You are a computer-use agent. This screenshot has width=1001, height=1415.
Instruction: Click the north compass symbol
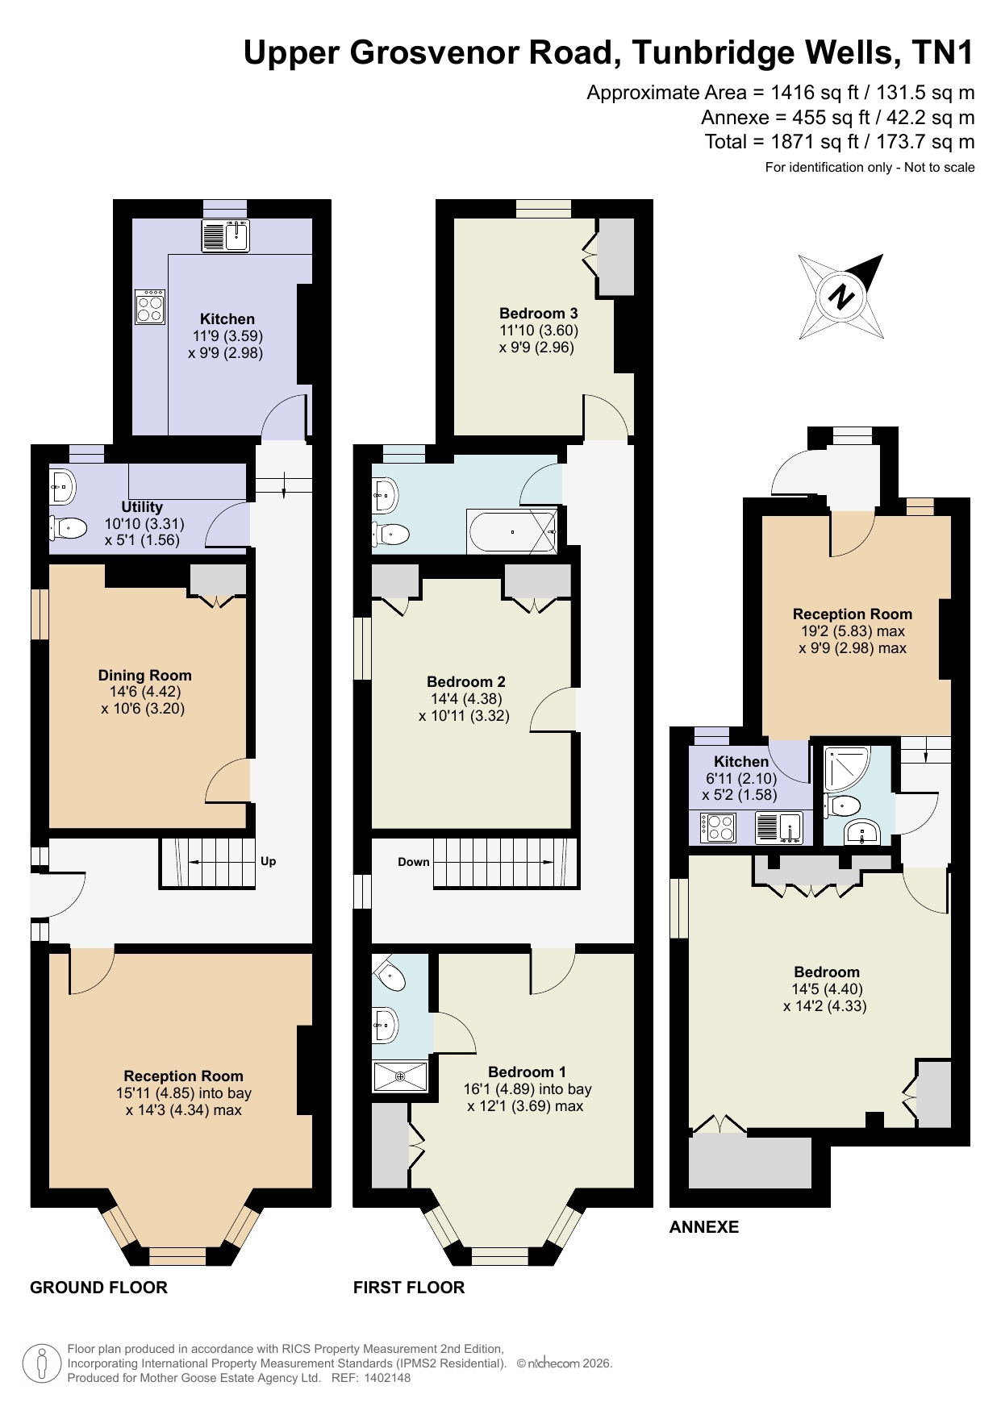(x=840, y=297)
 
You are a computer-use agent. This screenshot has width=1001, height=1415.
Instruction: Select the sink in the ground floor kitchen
(x=226, y=235)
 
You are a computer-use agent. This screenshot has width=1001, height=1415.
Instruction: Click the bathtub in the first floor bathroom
(x=512, y=531)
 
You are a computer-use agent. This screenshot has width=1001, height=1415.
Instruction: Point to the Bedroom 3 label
(x=538, y=313)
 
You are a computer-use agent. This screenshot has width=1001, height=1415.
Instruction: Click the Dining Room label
(x=144, y=676)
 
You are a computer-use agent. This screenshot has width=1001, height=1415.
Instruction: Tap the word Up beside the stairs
(x=269, y=861)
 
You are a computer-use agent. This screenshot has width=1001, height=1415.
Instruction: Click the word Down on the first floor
(x=414, y=862)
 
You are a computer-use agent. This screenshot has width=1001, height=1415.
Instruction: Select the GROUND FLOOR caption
(x=98, y=1288)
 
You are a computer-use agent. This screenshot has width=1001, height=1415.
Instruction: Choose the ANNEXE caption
(x=704, y=1227)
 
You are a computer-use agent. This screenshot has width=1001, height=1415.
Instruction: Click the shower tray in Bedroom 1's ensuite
(x=400, y=1076)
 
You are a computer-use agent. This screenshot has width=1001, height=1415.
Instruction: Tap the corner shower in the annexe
(x=847, y=769)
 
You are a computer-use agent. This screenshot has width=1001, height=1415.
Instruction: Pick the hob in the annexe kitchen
(x=719, y=827)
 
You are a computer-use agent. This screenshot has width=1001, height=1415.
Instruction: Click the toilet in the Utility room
(x=69, y=528)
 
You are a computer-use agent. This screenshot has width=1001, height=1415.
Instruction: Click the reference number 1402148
(x=387, y=1378)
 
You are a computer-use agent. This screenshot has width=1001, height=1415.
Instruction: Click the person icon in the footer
(x=41, y=1363)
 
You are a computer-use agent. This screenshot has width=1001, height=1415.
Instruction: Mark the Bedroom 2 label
(x=466, y=681)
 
